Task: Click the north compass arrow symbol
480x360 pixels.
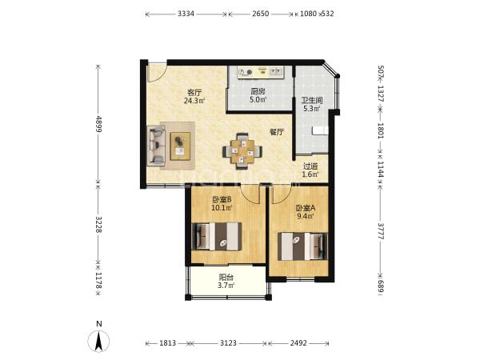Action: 98,341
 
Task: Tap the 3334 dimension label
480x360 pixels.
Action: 186,14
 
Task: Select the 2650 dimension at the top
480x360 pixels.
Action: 261,14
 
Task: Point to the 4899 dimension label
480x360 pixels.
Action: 98,124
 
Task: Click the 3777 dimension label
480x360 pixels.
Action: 381,231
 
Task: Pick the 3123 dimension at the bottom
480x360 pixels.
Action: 228,343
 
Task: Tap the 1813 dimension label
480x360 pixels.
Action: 168,343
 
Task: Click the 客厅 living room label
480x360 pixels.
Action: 194,92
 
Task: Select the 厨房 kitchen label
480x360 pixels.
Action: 258,91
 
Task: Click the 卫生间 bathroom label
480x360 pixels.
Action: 312,101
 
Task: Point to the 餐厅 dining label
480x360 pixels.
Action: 277,132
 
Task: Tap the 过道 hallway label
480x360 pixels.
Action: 310,166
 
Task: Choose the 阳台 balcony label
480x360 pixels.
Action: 226,278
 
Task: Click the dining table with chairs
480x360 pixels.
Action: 242,151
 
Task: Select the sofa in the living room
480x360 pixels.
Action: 156,146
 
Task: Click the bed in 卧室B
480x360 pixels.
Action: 217,236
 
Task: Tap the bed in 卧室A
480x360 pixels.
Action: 302,246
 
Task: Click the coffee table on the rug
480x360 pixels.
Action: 180,146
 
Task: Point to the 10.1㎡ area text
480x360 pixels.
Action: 222,208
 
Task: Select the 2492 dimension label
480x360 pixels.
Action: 298,343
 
